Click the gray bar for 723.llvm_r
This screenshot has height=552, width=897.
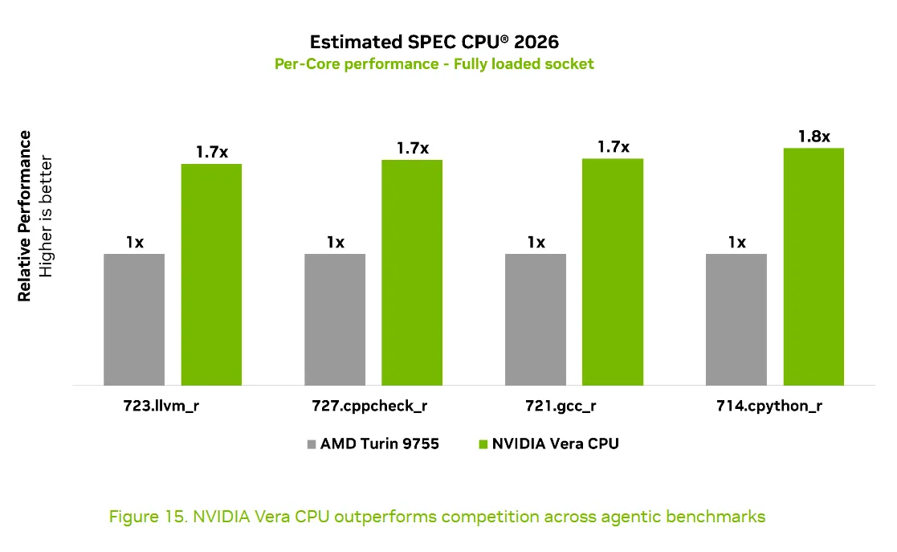click(134, 320)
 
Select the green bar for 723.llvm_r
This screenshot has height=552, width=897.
click(211, 275)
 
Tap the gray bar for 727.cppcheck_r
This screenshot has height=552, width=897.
click(335, 320)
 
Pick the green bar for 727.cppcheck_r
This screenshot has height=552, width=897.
click(412, 272)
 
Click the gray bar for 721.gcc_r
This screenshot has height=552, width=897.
click(536, 320)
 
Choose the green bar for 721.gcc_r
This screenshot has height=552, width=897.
click(613, 272)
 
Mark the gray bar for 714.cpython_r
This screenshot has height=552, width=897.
click(736, 320)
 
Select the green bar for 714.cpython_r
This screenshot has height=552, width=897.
click(813, 267)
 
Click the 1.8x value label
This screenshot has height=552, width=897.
click(814, 137)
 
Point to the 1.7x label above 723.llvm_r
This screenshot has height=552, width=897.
click(212, 152)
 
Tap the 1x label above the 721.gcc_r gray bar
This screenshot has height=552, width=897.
click(536, 242)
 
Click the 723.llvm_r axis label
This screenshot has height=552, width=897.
click(161, 406)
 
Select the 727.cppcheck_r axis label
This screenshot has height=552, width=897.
click(369, 406)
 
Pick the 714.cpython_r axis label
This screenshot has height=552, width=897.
click(769, 406)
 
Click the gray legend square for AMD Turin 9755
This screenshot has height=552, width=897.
click(312, 444)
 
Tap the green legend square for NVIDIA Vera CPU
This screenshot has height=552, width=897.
click(483, 444)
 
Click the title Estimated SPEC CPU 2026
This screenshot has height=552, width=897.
click(434, 42)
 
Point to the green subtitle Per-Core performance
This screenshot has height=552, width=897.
click(357, 63)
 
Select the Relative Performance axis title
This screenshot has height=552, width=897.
click(24, 216)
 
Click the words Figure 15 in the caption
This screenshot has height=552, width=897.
click(149, 517)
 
